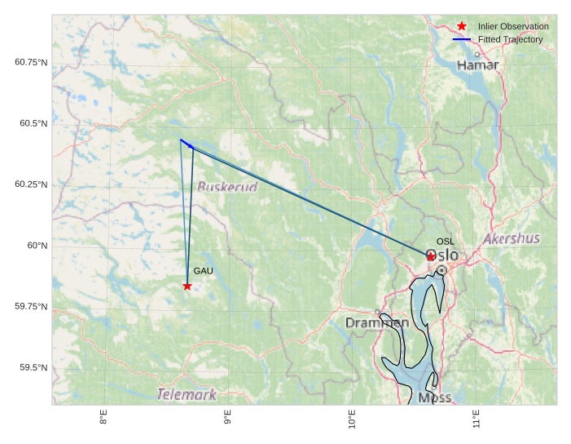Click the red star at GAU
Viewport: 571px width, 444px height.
click(x=187, y=286)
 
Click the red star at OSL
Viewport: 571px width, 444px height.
click(x=431, y=256)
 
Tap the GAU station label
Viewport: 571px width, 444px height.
click(x=203, y=271)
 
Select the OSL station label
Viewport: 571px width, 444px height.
click(x=446, y=242)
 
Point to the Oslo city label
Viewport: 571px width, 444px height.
click(x=442, y=255)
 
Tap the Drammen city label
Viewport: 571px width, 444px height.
click(x=377, y=323)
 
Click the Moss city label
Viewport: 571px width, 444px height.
click(x=434, y=397)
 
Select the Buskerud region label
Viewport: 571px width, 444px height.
click(x=227, y=187)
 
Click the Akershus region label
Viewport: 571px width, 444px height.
click(x=511, y=239)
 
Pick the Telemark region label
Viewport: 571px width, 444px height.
click(x=187, y=395)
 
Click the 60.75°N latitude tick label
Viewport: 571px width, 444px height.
click(x=31, y=62)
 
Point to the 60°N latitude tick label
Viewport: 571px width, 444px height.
click(x=37, y=246)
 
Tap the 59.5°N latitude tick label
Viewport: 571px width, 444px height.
click(x=33, y=368)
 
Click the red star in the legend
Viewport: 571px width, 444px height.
click(x=462, y=26)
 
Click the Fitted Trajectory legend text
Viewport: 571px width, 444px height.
click(x=510, y=39)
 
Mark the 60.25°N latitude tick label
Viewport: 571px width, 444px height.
click(x=31, y=184)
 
